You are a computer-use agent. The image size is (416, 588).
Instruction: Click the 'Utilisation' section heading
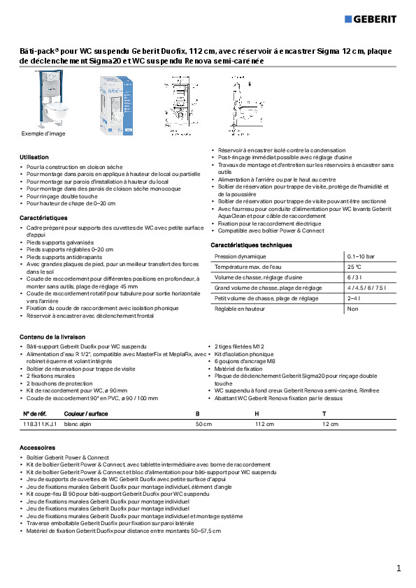tap(34, 157)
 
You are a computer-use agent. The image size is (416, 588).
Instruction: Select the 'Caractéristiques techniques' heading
tap(251, 245)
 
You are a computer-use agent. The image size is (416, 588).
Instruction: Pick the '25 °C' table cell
tap(354, 267)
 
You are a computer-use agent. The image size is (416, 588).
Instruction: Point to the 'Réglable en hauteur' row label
tap(239, 308)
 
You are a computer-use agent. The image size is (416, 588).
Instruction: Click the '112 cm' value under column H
tap(264, 423)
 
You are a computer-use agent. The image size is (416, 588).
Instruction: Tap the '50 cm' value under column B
tap(203, 423)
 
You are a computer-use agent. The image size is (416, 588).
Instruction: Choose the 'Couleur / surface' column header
tap(86, 413)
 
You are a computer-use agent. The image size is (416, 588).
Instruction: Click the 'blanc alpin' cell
tap(78, 423)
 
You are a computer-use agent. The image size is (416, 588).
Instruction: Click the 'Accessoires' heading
tap(37, 446)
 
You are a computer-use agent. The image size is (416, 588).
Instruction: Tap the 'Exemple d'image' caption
tap(43, 133)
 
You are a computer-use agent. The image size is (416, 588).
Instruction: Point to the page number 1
tap(399, 568)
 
